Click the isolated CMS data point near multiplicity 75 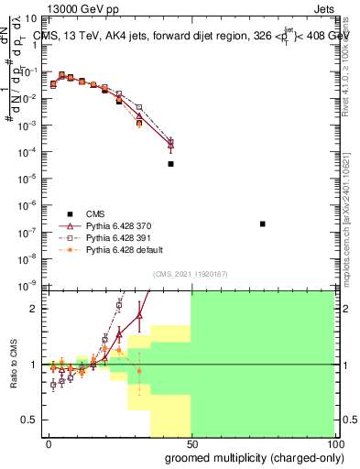[x=263, y=224]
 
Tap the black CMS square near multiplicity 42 [x=170, y=164]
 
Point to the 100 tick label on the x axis [x=333, y=443]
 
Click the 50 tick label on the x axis [x=191, y=443]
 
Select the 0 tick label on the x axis [x=49, y=443]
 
